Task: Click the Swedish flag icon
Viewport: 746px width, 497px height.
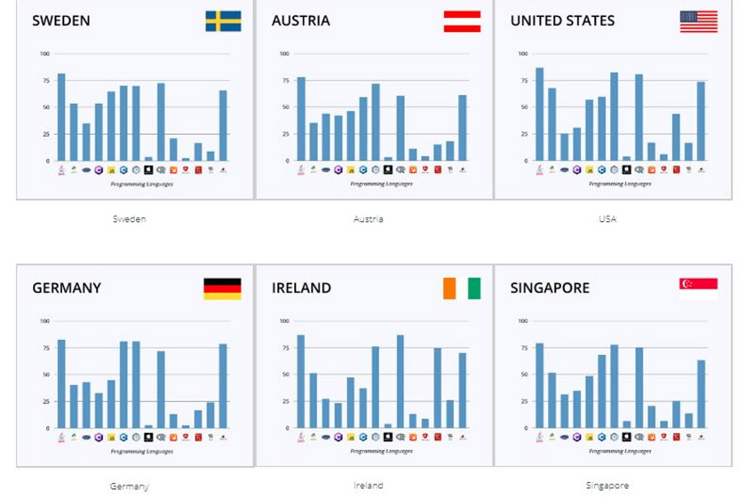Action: click(223, 21)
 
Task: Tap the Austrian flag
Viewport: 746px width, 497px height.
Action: click(462, 21)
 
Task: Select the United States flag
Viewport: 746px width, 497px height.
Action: click(699, 21)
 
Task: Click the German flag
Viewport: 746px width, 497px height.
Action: click(222, 288)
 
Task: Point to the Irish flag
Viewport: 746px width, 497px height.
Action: click(462, 288)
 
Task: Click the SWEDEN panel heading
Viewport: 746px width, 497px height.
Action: click(61, 21)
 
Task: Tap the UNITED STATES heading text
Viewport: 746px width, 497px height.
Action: click(562, 21)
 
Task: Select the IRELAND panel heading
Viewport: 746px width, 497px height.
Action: click(301, 288)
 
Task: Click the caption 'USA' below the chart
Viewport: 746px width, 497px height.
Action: click(607, 219)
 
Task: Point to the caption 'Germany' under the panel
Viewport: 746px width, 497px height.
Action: click(130, 486)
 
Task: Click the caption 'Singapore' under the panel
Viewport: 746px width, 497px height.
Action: click(607, 485)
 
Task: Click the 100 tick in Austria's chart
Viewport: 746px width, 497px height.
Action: click(285, 54)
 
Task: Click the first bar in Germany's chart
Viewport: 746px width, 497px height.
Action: click(61, 383)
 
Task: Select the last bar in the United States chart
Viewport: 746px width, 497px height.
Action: click(701, 122)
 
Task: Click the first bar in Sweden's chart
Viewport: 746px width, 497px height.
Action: click(61, 117)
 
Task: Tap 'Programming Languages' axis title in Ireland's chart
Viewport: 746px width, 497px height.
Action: click(369, 451)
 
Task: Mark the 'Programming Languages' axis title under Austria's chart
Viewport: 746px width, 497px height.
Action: click(369, 184)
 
